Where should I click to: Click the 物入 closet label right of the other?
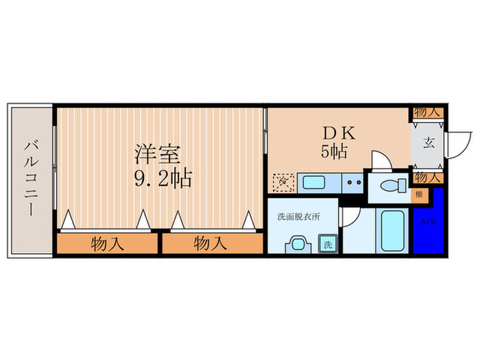click(x=211, y=243)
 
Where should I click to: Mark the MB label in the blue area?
click(x=428, y=221)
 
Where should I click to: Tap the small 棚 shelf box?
click(x=418, y=194)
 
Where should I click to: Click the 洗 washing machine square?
click(x=328, y=243)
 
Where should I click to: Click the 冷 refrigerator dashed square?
click(x=283, y=182)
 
